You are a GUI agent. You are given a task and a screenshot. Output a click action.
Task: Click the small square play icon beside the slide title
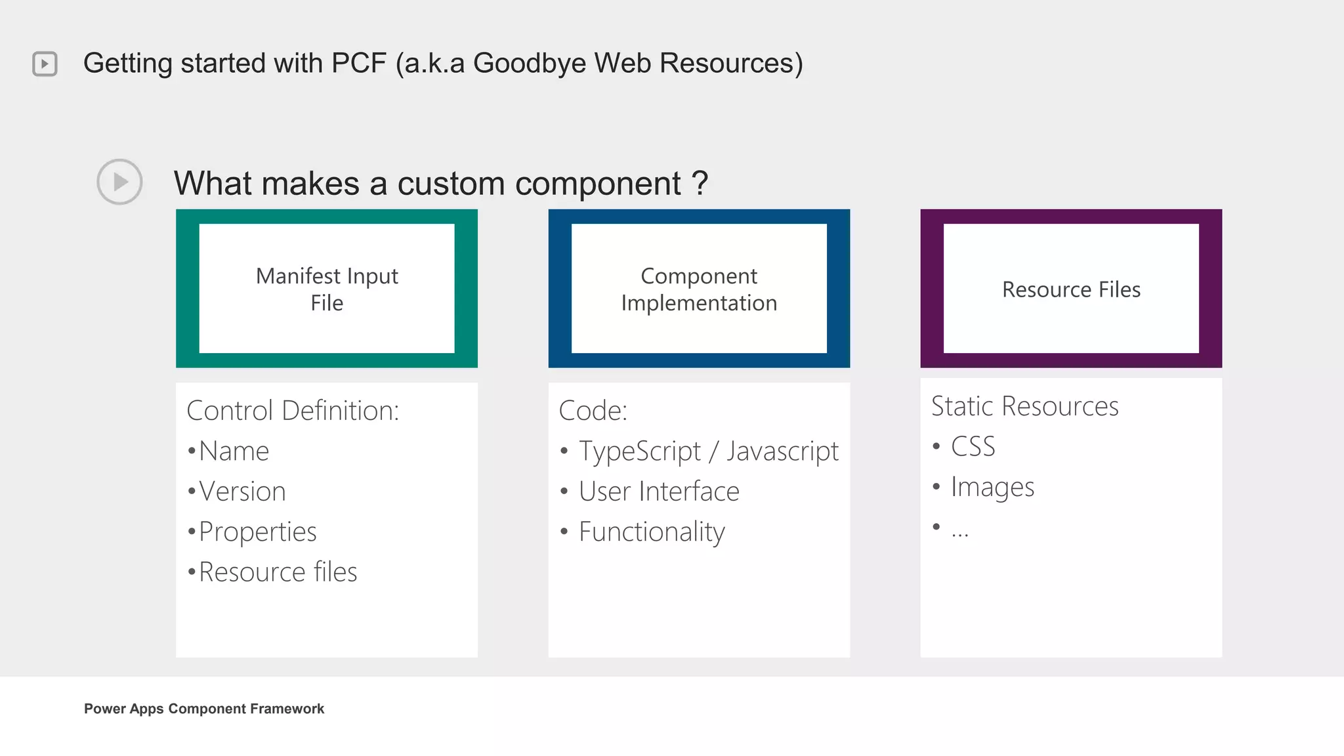tap(45, 64)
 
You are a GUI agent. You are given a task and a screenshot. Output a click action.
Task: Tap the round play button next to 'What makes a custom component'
tap(119, 182)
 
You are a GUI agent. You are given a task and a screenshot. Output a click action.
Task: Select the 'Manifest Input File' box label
tap(327, 289)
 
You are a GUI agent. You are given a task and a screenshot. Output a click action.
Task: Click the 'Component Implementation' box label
tap(699, 289)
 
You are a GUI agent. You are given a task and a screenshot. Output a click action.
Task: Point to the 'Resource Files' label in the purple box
tap(1071, 289)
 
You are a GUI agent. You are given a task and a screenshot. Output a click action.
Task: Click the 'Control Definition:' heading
tap(293, 411)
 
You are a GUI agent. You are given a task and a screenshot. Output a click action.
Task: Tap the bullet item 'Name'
tap(234, 451)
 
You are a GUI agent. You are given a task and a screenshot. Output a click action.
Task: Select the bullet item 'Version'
tap(242, 492)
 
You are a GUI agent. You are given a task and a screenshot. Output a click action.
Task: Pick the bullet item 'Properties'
tap(257, 532)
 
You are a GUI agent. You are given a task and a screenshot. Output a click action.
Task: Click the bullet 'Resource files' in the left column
tap(278, 572)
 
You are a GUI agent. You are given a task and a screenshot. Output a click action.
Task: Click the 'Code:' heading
tap(593, 411)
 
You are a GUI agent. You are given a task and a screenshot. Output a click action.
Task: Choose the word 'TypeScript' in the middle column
tap(640, 451)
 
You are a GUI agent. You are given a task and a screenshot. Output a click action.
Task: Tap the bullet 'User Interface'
tap(659, 492)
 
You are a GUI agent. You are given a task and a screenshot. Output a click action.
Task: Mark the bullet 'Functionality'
tap(652, 532)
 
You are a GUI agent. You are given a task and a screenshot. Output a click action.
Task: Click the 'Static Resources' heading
tap(1024, 406)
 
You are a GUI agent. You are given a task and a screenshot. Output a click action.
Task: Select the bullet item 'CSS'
tap(973, 447)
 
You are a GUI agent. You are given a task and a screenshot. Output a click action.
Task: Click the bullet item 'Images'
tap(992, 488)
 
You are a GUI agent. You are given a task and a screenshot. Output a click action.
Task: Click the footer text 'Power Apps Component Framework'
tap(204, 709)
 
